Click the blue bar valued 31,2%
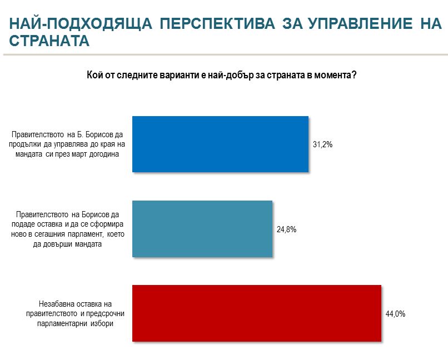click(x=220, y=144)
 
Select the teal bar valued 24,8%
click(x=202, y=228)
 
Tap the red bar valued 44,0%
click(x=256, y=313)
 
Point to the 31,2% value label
click(x=322, y=144)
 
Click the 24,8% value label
click(x=286, y=228)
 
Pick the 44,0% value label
click(x=395, y=313)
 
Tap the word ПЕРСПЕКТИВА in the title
click(x=217, y=24)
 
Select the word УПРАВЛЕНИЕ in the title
click(x=357, y=24)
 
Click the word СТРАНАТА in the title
click(x=49, y=41)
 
